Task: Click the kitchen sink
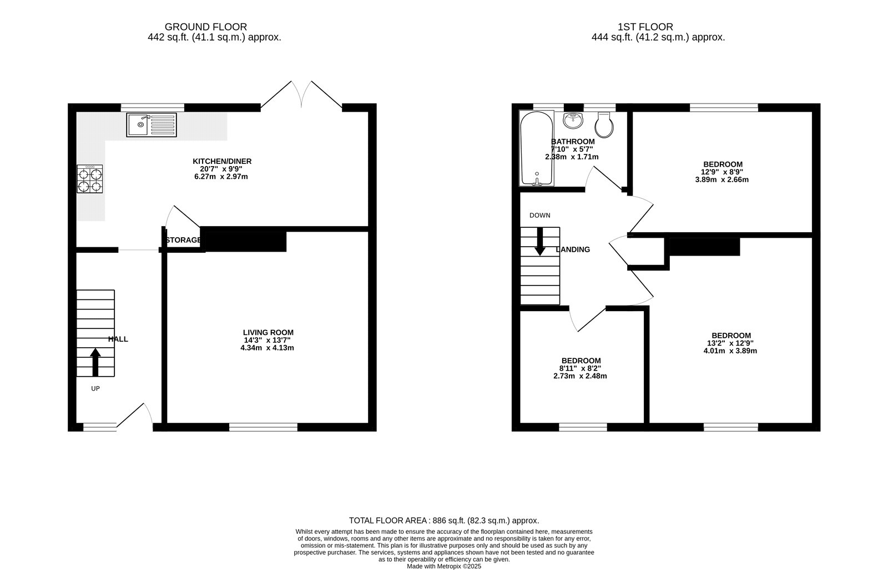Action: pyautogui.click(x=152, y=124)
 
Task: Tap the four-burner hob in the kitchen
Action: pyautogui.click(x=90, y=179)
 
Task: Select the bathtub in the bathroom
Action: pyautogui.click(x=537, y=148)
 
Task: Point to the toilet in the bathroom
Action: pyautogui.click(x=604, y=124)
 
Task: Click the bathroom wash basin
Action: pyautogui.click(x=573, y=120)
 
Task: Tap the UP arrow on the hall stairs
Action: pyautogui.click(x=95, y=362)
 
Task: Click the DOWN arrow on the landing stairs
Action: pyautogui.click(x=539, y=241)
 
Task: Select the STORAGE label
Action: pyautogui.click(x=184, y=240)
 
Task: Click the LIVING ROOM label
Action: pyautogui.click(x=269, y=333)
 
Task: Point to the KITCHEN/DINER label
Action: pyautogui.click(x=222, y=162)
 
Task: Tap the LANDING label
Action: pyautogui.click(x=573, y=249)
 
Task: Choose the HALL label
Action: pyautogui.click(x=118, y=339)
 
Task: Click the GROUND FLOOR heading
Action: pyautogui.click(x=206, y=27)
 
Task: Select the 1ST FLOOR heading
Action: pyautogui.click(x=645, y=27)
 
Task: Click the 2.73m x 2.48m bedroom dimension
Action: pyautogui.click(x=580, y=376)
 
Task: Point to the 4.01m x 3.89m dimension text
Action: pyautogui.click(x=730, y=351)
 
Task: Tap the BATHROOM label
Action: pyautogui.click(x=573, y=142)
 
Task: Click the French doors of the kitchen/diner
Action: pyautogui.click(x=301, y=94)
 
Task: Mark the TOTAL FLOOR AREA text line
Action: pyautogui.click(x=444, y=521)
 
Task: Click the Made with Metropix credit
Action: pyautogui.click(x=444, y=567)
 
